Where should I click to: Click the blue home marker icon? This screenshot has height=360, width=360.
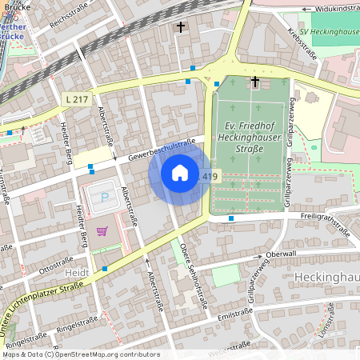pyautogui.click(x=180, y=173)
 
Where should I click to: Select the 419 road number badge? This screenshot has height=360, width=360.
pyautogui.click(x=209, y=176)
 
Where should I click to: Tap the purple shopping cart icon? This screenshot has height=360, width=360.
pyautogui.click(x=102, y=231)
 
